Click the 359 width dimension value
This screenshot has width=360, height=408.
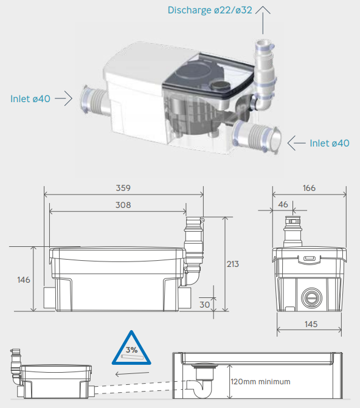pyautogui.click(x=124, y=188)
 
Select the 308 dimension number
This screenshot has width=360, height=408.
pyautogui.click(x=122, y=205)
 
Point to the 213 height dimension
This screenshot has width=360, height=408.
pyautogui.click(x=232, y=264)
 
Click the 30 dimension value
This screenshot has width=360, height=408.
pyautogui.click(x=204, y=304)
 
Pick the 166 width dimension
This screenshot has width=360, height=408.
pyautogui.click(x=309, y=188)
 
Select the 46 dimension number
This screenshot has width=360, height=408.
pyautogui.click(x=283, y=205)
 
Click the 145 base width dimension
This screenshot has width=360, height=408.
pyautogui.click(x=311, y=324)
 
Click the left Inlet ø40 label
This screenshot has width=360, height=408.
pyautogui.click(x=30, y=99)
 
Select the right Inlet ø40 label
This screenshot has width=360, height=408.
pyautogui.click(x=330, y=143)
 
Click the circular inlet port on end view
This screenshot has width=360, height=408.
pyautogui.click(x=311, y=297)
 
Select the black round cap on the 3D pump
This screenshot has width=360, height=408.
pyautogui.click(x=221, y=86)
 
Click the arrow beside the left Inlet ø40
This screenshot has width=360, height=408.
pyautogui.click(x=63, y=99)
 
